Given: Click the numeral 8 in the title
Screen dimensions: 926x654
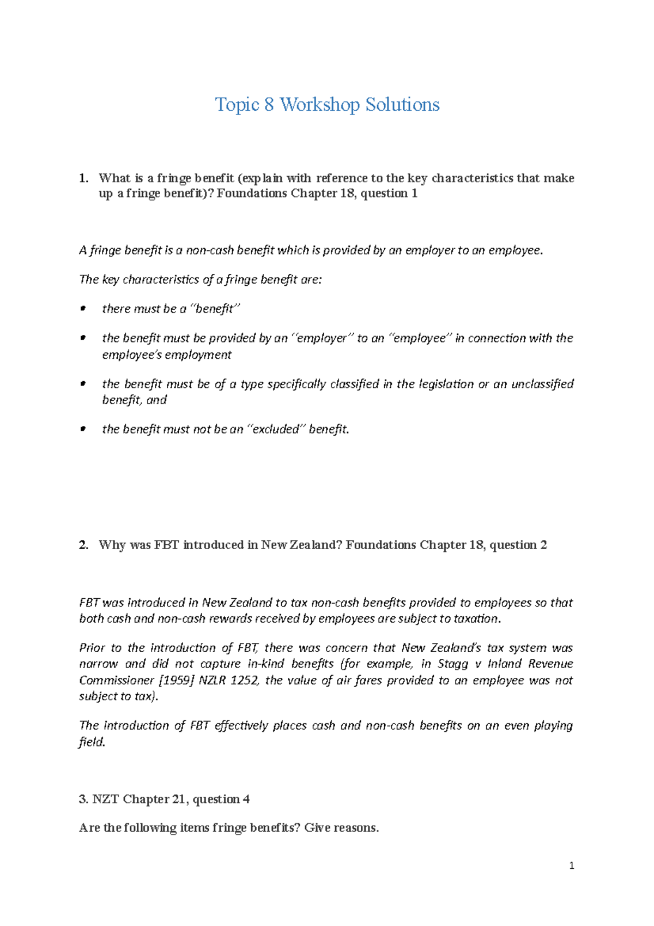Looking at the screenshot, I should (x=269, y=105).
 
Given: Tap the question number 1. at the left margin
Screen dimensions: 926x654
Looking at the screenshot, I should (x=83, y=178).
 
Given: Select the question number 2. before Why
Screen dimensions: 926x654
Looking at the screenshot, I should (x=83, y=545).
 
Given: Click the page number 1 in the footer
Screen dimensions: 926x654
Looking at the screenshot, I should (x=571, y=865).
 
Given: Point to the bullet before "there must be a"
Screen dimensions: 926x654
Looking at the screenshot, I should (x=83, y=309).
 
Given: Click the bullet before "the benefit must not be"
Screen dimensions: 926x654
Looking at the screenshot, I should (x=83, y=429).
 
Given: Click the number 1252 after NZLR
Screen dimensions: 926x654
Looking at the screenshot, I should (x=244, y=680).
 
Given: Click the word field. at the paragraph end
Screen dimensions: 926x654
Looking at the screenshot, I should (x=92, y=742).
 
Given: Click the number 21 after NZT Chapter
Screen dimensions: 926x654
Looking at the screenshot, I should (x=179, y=799).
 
